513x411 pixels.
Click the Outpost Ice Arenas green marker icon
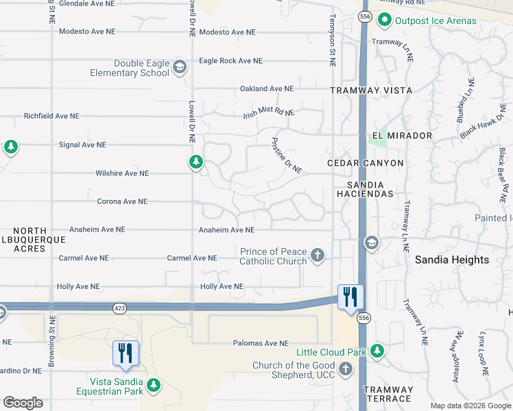click(385, 21)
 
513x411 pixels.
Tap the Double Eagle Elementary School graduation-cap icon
click(180, 67)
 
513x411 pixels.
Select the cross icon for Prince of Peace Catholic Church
click(317, 256)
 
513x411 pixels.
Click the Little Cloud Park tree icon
click(377, 351)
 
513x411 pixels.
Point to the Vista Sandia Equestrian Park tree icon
click(154, 386)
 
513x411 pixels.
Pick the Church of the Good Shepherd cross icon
click(346, 369)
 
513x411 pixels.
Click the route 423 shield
click(120, 309)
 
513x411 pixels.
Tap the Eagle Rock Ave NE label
click(230, 61)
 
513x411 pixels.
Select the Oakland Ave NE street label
click(267, 89)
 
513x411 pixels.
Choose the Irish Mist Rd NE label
click(268, 113)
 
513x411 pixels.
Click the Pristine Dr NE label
click(286, 155)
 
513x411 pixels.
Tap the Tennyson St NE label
click(332, 41)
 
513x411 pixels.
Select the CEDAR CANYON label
click(366, 163)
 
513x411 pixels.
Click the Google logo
click(23, 403)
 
